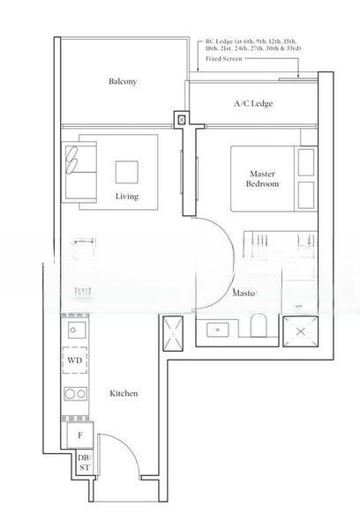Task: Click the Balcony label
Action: coord(123,82)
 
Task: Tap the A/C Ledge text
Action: coord(252,104)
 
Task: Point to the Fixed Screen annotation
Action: coord(224,59)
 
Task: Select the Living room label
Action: coord(127,196)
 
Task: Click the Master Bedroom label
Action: coord(263,180)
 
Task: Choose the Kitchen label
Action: coord(124,393)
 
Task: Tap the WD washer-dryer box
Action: coord(74,361)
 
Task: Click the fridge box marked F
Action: coord(79,435)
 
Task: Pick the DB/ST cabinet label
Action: coord(83,463)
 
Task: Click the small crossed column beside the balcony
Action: coord(183,119)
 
